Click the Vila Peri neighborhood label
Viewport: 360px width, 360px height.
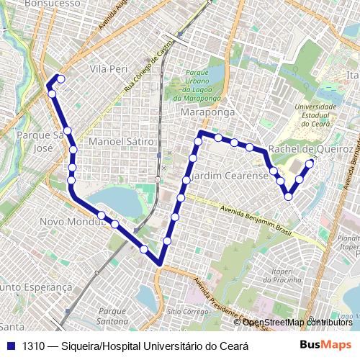[x=109, y=68]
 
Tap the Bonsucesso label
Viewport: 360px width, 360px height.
[x=52, y=4]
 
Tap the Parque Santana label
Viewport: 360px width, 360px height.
[x=112, y=315]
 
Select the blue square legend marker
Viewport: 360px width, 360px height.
[x=10, y=346]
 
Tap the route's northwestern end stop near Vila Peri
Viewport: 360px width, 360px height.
[x=61, y=78]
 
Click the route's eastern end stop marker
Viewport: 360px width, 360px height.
[x=310, y=163]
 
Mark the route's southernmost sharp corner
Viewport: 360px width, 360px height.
[x=161, y=264]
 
